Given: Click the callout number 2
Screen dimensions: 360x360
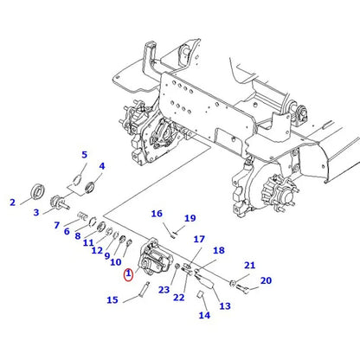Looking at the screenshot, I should tap(12, 203).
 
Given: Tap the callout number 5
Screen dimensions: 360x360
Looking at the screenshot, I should tap(84, 155).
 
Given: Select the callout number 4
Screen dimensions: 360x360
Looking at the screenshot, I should tap(101, 166).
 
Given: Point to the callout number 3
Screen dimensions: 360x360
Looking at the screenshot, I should tap(36, 212).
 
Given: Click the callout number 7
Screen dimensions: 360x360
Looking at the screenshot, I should tap(56, 226).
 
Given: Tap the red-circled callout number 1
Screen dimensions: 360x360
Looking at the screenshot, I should tap(128, 276).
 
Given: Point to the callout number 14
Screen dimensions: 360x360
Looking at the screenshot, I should tap(204, 316).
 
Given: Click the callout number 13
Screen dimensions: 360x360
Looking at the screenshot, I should tap(224, 306).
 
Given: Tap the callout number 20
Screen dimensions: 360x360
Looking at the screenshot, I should tap(265, 280).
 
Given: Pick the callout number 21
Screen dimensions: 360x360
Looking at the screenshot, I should tap(248, 266).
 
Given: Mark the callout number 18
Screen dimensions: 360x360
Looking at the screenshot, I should tap(218, 250).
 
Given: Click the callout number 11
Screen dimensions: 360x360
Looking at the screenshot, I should tap(87, 243).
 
